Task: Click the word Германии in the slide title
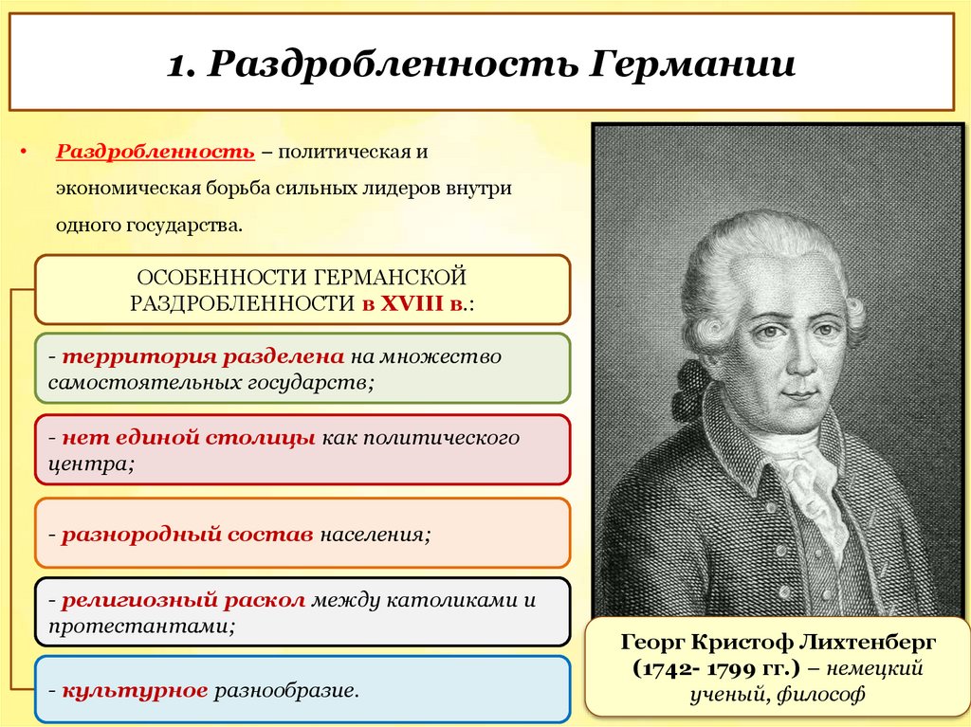click(695, 66)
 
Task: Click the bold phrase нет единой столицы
click(189, 439)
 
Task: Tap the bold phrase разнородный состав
click(187, 534)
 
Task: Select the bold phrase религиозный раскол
click(183, 601)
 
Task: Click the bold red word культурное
click(135, 689)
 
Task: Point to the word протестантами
click(137, 626)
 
